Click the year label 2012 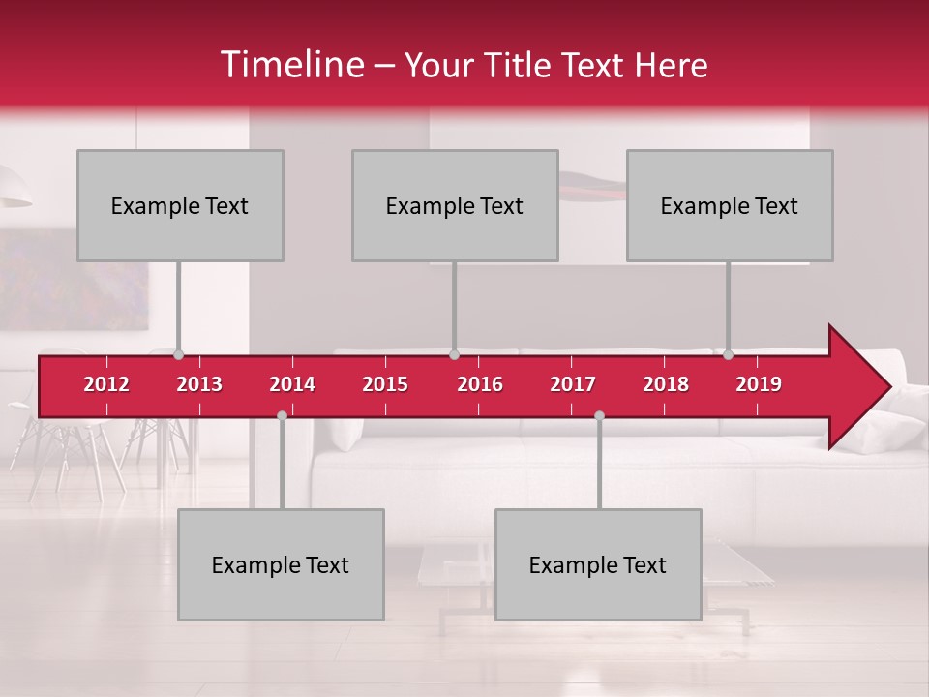(106, 384)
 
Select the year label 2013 (199, 384)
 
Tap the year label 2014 (292, 384)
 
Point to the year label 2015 (385, 384)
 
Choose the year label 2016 (480, 384)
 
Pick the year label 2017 (573, 384)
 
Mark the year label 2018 (666, 384)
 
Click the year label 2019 (759, 384)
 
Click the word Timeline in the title (290, 65)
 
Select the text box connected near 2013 (180, 206)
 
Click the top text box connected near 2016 (455, 206)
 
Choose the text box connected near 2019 (730, 206)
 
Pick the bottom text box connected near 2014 (281, 565)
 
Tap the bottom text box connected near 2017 (598, 565)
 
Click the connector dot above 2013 (179, 355)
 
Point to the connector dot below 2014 (282, 415)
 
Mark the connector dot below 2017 (599, 415)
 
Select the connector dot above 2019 (729, 355)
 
